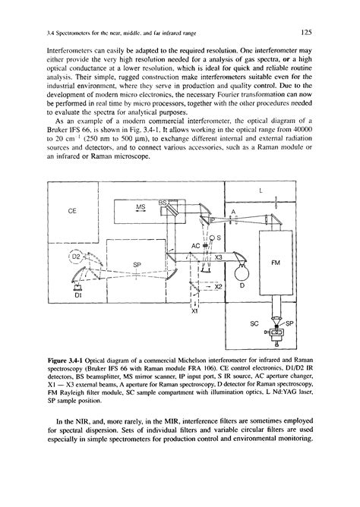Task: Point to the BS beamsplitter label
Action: [163, 203]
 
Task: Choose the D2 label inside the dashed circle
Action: [76, 257]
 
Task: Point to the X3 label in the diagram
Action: [218, 257]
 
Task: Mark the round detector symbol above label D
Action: [242, 266]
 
